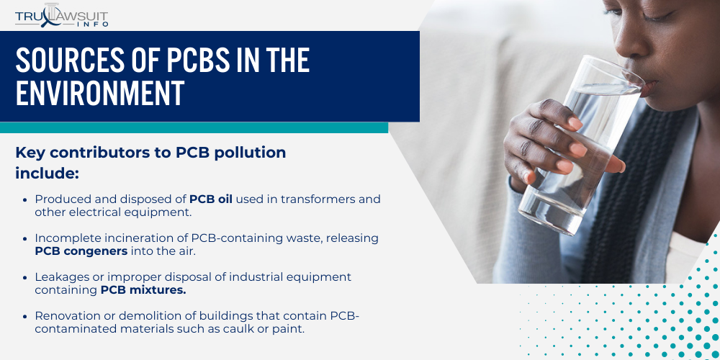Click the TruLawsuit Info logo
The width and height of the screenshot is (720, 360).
62,15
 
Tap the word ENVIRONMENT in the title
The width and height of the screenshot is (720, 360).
100,94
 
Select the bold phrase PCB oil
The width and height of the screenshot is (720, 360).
211,199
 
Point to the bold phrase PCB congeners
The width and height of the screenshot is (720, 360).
81,251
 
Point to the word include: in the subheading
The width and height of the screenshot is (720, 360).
47,174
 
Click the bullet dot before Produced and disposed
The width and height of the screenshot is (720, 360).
27,199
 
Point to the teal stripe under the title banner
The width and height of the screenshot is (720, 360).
194,127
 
